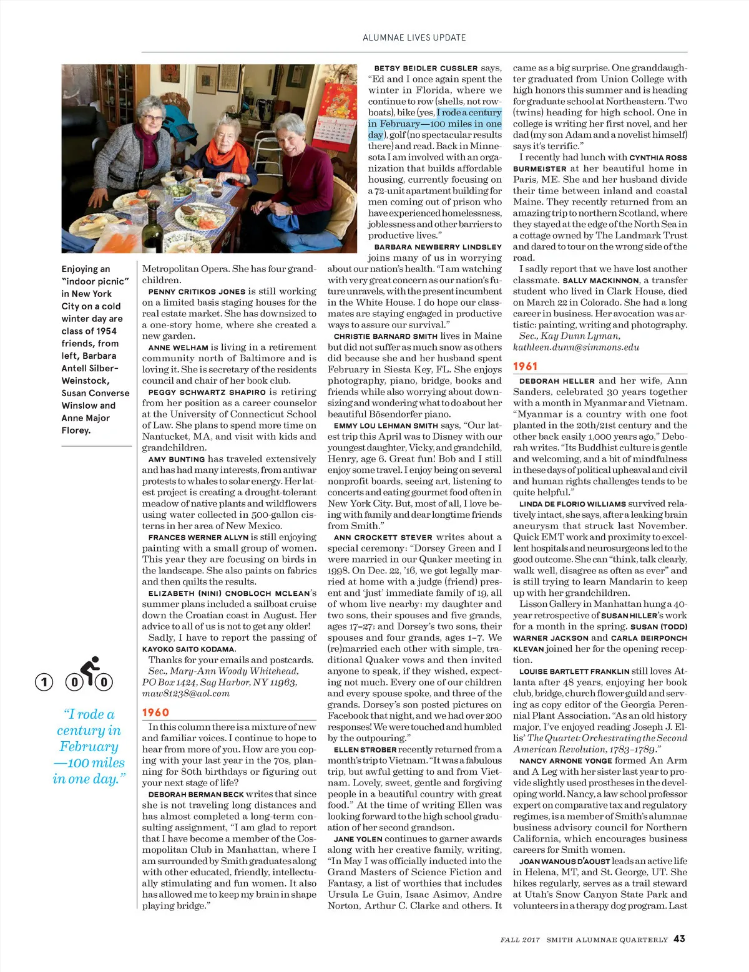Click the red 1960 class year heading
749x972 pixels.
tap(155, 712)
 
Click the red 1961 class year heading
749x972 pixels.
tap(526, 366)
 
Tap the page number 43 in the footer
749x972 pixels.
tap(679, 939)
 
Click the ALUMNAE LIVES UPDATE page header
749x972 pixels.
tap(414, 37)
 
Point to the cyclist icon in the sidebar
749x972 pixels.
tap(91, 671)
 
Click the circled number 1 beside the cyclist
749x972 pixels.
tap(44, 682)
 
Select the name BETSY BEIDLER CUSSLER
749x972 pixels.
tap(426, 68)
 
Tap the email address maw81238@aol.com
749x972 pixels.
tap(185, 693)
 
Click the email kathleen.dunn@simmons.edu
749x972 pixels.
tap(575, 347)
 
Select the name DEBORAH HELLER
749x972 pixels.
tap(557, 381)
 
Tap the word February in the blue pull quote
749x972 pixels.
tap(89, 747)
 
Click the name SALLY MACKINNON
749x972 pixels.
tap(600, 281)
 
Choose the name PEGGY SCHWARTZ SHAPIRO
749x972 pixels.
tap(207, 392)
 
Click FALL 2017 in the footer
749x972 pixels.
tap(520, 940)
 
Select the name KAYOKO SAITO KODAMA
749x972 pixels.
tap(188, 649)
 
